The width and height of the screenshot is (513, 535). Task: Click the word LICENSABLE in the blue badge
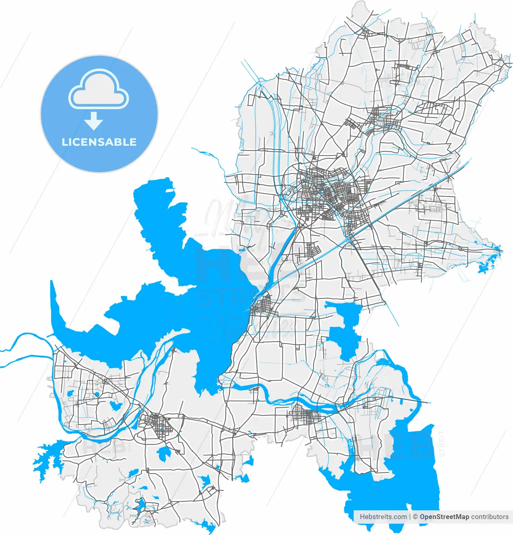pyautogui.click(x=99, y=142)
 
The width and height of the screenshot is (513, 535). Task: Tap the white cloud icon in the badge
pyautogui.click(x=99, y=89)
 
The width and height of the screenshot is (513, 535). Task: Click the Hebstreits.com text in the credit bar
pyautogui.click(x=383, y=517)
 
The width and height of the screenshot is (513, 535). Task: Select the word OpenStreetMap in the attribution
pyautogui.click(x=444, y=517)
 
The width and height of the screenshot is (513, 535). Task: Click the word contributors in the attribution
pyautogui.click(x=490, y=517)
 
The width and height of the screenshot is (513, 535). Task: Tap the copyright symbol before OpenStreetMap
pyautogui.click(x=416, y=517)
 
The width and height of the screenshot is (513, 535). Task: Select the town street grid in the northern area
pyautogui.click(x=383, y=119)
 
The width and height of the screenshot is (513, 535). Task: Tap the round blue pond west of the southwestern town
pyautogui.click(x=114, y=405)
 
